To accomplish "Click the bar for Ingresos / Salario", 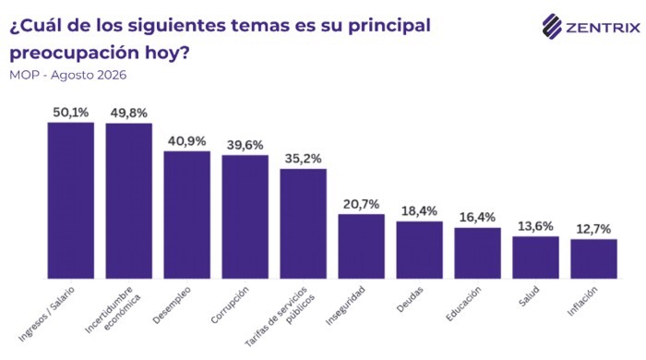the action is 71,200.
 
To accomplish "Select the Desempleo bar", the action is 187,215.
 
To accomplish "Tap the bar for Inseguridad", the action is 362,246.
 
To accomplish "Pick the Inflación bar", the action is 593,259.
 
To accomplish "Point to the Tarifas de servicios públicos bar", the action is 304,223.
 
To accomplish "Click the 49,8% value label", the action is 128,114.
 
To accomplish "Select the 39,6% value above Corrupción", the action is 245,145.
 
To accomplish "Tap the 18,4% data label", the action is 419,211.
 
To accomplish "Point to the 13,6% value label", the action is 535,226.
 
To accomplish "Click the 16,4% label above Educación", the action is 477,218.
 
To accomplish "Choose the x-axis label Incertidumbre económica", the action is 113,310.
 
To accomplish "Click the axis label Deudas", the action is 410,299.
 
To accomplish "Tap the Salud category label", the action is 529,296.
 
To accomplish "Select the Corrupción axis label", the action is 230,305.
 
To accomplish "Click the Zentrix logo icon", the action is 552,27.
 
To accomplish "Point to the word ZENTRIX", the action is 604,28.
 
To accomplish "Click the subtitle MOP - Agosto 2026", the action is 68,76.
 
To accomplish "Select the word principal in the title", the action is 389,26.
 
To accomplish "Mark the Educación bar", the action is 477,253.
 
